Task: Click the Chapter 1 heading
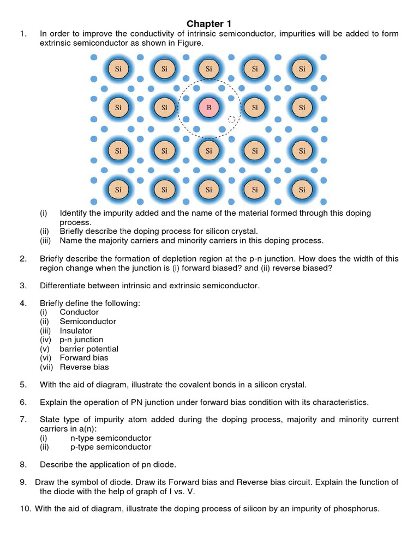[x=209, y=23]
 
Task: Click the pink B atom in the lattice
[x=208, y=108]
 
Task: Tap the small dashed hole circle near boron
[x=231, y=120]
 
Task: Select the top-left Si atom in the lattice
[x=118, y=69]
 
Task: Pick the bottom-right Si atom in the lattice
[x=302, y=190]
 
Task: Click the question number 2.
[x=23, y=259]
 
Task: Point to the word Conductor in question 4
[x=79, y=312]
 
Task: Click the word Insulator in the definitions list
[x=76, y=331]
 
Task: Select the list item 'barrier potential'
[x=89, y=349]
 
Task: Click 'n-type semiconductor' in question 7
[x=111, y=438]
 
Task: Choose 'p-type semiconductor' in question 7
[x=111, y=447]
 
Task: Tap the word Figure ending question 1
[x=189, y=43]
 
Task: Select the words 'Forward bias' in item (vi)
[x=84, y=358]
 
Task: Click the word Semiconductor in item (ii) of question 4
[x=88, y=322]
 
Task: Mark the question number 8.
[x=23, y=464]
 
